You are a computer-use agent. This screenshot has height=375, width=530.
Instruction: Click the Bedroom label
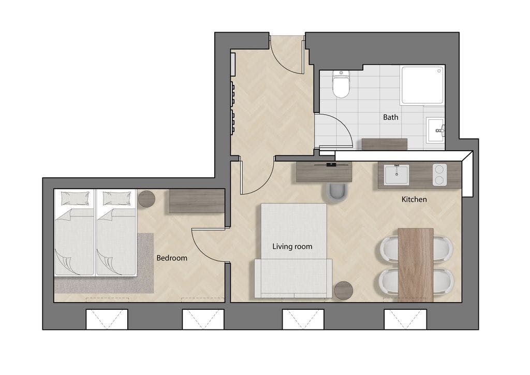click(x=172, y=258)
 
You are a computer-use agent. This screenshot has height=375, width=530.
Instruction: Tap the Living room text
click(x=292, y=247)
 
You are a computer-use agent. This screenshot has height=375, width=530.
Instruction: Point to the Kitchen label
click(x=414, y=199)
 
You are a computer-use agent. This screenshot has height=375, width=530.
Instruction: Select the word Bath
click(x=390, y=118)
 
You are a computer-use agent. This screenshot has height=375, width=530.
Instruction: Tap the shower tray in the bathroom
click(x=422, y=85)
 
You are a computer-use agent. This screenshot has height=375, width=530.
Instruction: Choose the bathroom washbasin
click(x=435, y=130)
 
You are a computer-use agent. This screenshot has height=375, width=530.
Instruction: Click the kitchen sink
click(x=396, y=175)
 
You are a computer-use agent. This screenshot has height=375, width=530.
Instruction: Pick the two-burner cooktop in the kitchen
click(x=439, y=175)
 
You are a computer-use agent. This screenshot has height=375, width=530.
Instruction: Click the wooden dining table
click(x=416, y=265)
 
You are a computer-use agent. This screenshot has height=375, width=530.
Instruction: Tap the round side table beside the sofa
click(x=344, y=291)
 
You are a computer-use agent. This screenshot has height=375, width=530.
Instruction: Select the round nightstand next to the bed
click(x=146, y=199)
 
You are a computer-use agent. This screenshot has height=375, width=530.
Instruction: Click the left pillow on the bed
click(x=76, y=198)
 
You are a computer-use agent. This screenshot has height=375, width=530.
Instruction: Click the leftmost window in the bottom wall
click(x=107, y=319)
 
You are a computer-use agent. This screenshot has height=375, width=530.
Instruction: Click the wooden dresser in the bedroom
click(x=197, y=201)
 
